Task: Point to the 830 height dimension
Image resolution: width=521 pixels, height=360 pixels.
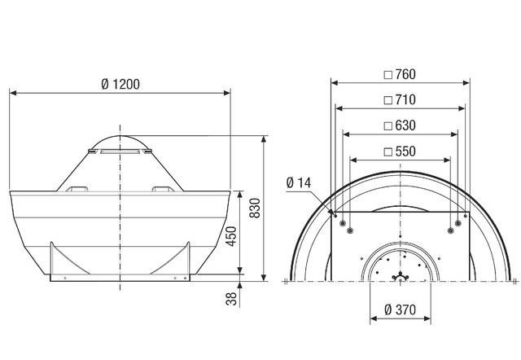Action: click(x=255, y=209)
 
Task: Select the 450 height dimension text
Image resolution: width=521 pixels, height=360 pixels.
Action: click(x=231, y=235)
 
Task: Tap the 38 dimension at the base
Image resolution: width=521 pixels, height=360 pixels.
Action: click(x=231, y=299)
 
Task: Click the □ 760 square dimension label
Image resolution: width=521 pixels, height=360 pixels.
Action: click(x=400, y=74)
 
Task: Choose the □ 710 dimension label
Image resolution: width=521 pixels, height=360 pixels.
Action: click(x=400, y=100)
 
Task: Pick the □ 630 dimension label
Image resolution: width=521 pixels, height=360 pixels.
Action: click(x=400, y=125)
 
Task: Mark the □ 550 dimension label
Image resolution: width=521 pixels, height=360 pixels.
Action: click(x=400, y=151)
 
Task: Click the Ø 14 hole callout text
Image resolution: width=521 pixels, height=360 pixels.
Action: click(x=299, y=182)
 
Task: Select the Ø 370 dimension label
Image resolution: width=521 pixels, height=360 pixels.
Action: click(x=399, y=310)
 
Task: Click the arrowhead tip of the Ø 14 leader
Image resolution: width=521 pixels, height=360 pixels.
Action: click(x=333, y=213)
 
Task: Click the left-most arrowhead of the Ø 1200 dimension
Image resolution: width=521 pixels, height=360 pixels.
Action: click(x=11, y=93)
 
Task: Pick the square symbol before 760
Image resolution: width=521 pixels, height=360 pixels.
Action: click(x=387, y=74)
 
